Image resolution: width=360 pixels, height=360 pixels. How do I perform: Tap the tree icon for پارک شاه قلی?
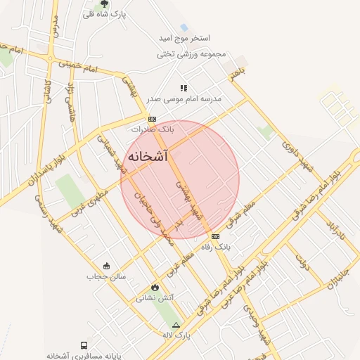pos(105,4)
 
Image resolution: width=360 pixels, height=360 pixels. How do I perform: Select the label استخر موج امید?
pos(186,38)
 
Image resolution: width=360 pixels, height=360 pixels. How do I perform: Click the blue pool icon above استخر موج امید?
pos(184,27)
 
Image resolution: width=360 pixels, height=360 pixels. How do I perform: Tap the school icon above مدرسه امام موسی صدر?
pos(184,88)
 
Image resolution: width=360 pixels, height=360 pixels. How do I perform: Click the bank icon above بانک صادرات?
pos(152,119)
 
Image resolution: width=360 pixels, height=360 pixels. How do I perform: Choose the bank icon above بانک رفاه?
pos(215,236)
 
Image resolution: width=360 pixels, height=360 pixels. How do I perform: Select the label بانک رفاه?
pos(216,247)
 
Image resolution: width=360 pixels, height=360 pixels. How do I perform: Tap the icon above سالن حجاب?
pos(106,265)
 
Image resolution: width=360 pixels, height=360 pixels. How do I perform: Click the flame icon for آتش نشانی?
pos(155,287)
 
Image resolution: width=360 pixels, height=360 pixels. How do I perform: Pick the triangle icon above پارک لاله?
pos(176,325)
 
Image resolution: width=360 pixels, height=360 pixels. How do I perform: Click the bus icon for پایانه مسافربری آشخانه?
pos(84,346)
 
